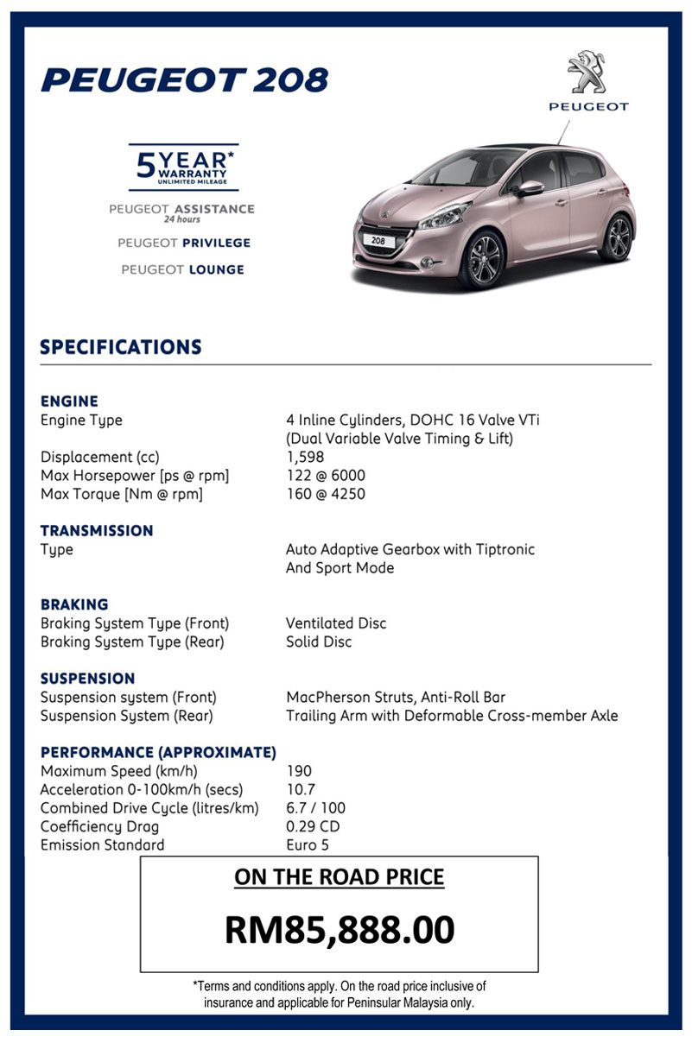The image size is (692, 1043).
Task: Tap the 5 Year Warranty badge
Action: coord(183,167)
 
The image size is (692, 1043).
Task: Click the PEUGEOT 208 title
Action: coord(185,80)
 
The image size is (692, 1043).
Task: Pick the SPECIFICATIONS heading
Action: coord(121,347)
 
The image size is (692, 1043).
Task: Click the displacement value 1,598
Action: coord(305,458)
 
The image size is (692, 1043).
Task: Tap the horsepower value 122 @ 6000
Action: coord(326,476)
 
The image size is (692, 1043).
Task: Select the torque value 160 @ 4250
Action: coord(326,494)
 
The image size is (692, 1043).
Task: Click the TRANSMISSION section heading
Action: coord(97,531)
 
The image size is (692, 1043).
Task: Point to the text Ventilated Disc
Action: coord(336,623)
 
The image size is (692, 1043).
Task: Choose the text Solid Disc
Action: coord(319,642)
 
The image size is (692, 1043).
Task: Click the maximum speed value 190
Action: coord(299,770)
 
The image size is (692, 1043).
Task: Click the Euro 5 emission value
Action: coord(308,845)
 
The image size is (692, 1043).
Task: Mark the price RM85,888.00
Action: coord(340,929)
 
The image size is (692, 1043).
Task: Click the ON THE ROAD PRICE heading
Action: coord(340,877)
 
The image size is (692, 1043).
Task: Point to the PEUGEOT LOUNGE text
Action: coord(182,270)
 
